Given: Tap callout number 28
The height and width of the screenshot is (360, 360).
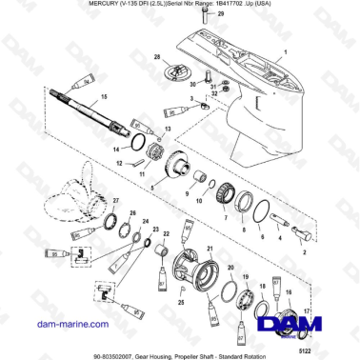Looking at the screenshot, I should click(158, 58).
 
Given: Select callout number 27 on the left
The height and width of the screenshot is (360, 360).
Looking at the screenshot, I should click(115, 201).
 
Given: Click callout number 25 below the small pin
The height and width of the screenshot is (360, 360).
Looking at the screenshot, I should click(183, 301).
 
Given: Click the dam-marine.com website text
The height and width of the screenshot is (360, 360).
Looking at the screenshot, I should click(47, 325).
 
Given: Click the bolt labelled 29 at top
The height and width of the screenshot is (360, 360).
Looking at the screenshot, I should click(210, 18).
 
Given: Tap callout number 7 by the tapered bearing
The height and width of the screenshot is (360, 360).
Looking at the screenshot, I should click(225, 217).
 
